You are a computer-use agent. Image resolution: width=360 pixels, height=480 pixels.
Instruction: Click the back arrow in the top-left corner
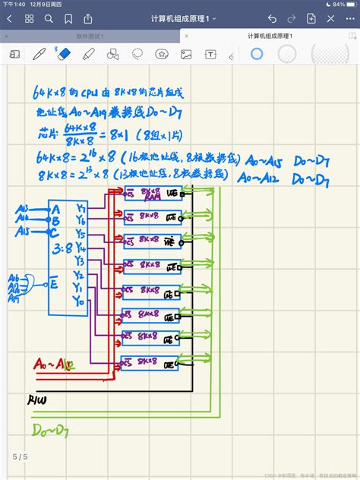(11, 17)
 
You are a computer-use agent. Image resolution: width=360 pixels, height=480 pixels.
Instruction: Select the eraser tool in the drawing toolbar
(64, 54)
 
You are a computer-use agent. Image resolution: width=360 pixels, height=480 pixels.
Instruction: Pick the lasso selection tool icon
(137, 54)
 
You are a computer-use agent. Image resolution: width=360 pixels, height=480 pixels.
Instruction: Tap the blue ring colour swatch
(256, 54)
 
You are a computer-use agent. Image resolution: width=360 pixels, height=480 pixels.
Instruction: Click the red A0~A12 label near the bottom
(53, 365)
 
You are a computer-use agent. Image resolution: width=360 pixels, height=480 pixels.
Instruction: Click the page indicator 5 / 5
(19, 456)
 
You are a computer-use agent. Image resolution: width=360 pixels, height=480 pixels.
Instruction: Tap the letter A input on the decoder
(55, 208)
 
